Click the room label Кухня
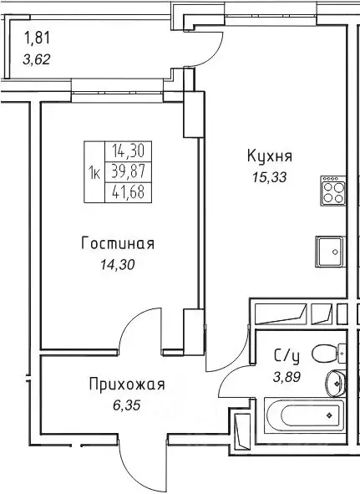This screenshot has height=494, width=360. (x=270, y=156)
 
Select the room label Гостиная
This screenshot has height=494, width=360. (x=118, y=244)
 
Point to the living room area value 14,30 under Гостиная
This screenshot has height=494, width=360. (x=117, y=265)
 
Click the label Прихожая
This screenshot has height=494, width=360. (x=127, y=385)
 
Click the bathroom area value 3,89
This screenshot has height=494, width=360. (x=287, y=376)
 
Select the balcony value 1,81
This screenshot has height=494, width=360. (x=38, y=38)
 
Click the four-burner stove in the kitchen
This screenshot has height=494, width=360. (x=332, y=192)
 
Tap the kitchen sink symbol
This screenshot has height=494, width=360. (x=330, y=249)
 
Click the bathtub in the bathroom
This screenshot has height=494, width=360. (x=302, y=414)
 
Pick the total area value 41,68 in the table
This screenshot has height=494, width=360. (x=125, y=192)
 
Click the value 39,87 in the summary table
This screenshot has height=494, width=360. (x=125, y=171)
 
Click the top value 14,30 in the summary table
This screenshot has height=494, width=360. (x=125, y=151)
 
